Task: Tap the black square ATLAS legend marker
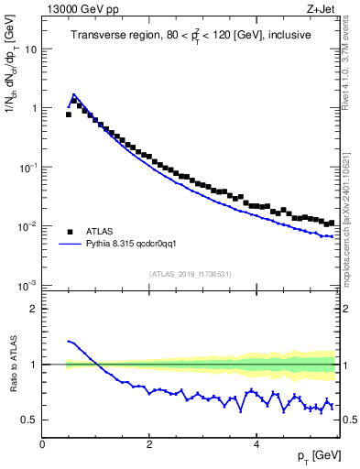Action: (70, 232)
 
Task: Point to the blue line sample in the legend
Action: (70, 245)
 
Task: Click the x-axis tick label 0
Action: (42, 444)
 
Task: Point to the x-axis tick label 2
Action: (148, 444)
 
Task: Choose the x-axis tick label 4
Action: (256, 444)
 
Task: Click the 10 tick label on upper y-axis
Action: (29, 49)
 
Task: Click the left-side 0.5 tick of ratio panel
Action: (29, 420)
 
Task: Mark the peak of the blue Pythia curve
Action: (73, 93)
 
